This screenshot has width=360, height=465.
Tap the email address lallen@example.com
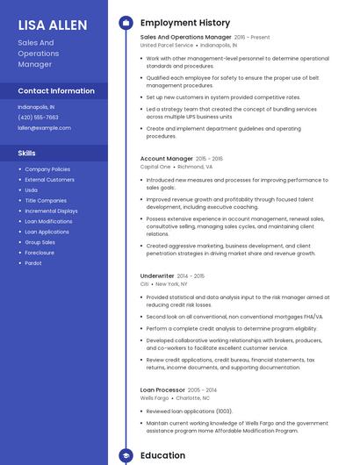pyautogui.click(x=44, y=127)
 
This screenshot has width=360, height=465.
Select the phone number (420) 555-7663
pyautogui.click(x=38, y=117)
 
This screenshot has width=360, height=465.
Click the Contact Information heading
pyautogui.click(x=56, y=91)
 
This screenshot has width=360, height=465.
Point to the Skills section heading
pyautogui.click(x=26, y=153)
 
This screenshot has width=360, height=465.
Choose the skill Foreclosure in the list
pyautogui.click(x=40, y=252)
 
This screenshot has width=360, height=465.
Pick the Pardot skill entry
pyautogui.click(x=33, y=262)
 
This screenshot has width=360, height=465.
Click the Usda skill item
pyautogui.click(x=31, y=190)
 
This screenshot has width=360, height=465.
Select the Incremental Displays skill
pyautogui.click(x=51, y=211)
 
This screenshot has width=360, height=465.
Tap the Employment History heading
pyautogui.click(x=185, y=23)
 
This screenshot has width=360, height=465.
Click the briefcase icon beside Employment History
pyautogui.click(x=125, y=23)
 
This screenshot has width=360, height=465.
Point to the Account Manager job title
pyautogui.click(x=166, y=159)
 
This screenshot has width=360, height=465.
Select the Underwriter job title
pyautogui.click(x=157, y=275)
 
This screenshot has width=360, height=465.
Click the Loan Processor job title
pyautogui.click(x=162, y=389)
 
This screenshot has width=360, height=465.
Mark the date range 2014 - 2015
pyautogui.click(x=191, y=275)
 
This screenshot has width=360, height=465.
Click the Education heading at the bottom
pyautogui.click(x=162, y=455)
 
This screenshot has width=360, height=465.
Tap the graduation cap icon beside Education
pyautogui.click(x=125, y=455)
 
